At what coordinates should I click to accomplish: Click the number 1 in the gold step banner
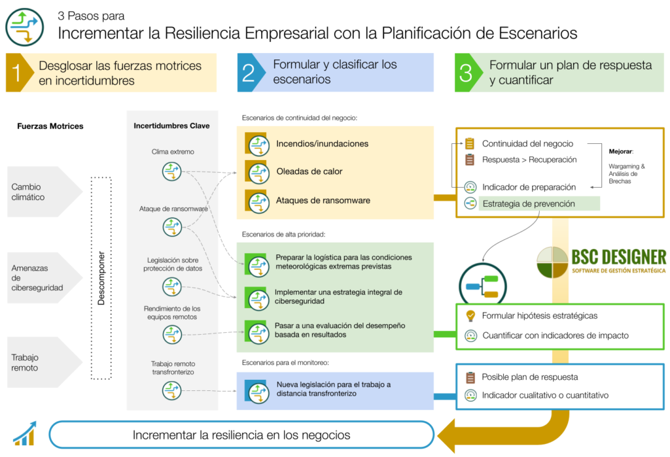point(16,73)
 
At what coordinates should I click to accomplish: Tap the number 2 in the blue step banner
point(248,73)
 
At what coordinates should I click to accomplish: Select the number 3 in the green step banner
point(466,73)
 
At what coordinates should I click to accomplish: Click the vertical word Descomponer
point(101,278)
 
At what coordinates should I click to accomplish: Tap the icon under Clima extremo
point(172,172)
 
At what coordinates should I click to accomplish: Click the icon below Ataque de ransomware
point(172,227)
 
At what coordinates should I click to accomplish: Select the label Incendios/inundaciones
point(322,144)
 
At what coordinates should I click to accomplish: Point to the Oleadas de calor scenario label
point(309,171)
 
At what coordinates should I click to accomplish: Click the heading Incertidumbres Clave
point(172,126)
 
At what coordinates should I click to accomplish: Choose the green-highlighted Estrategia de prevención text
point(529,204)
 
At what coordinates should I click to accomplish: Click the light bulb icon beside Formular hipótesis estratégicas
point(470,316)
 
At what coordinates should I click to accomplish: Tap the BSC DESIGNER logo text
point(619,257)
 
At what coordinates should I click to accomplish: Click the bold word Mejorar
point(621,151)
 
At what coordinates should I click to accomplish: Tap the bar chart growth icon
point(25,433)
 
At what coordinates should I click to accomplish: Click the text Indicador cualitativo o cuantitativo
point(545,396)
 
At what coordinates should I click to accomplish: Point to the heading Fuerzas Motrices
point(50,126)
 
